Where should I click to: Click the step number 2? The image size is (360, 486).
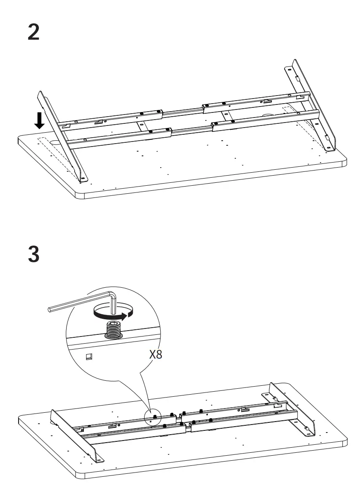34,32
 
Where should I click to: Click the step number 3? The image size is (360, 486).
34,254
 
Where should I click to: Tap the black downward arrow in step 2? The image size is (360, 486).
39,120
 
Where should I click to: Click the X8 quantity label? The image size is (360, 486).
156,354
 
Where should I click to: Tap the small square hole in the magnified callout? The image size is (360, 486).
89,356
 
